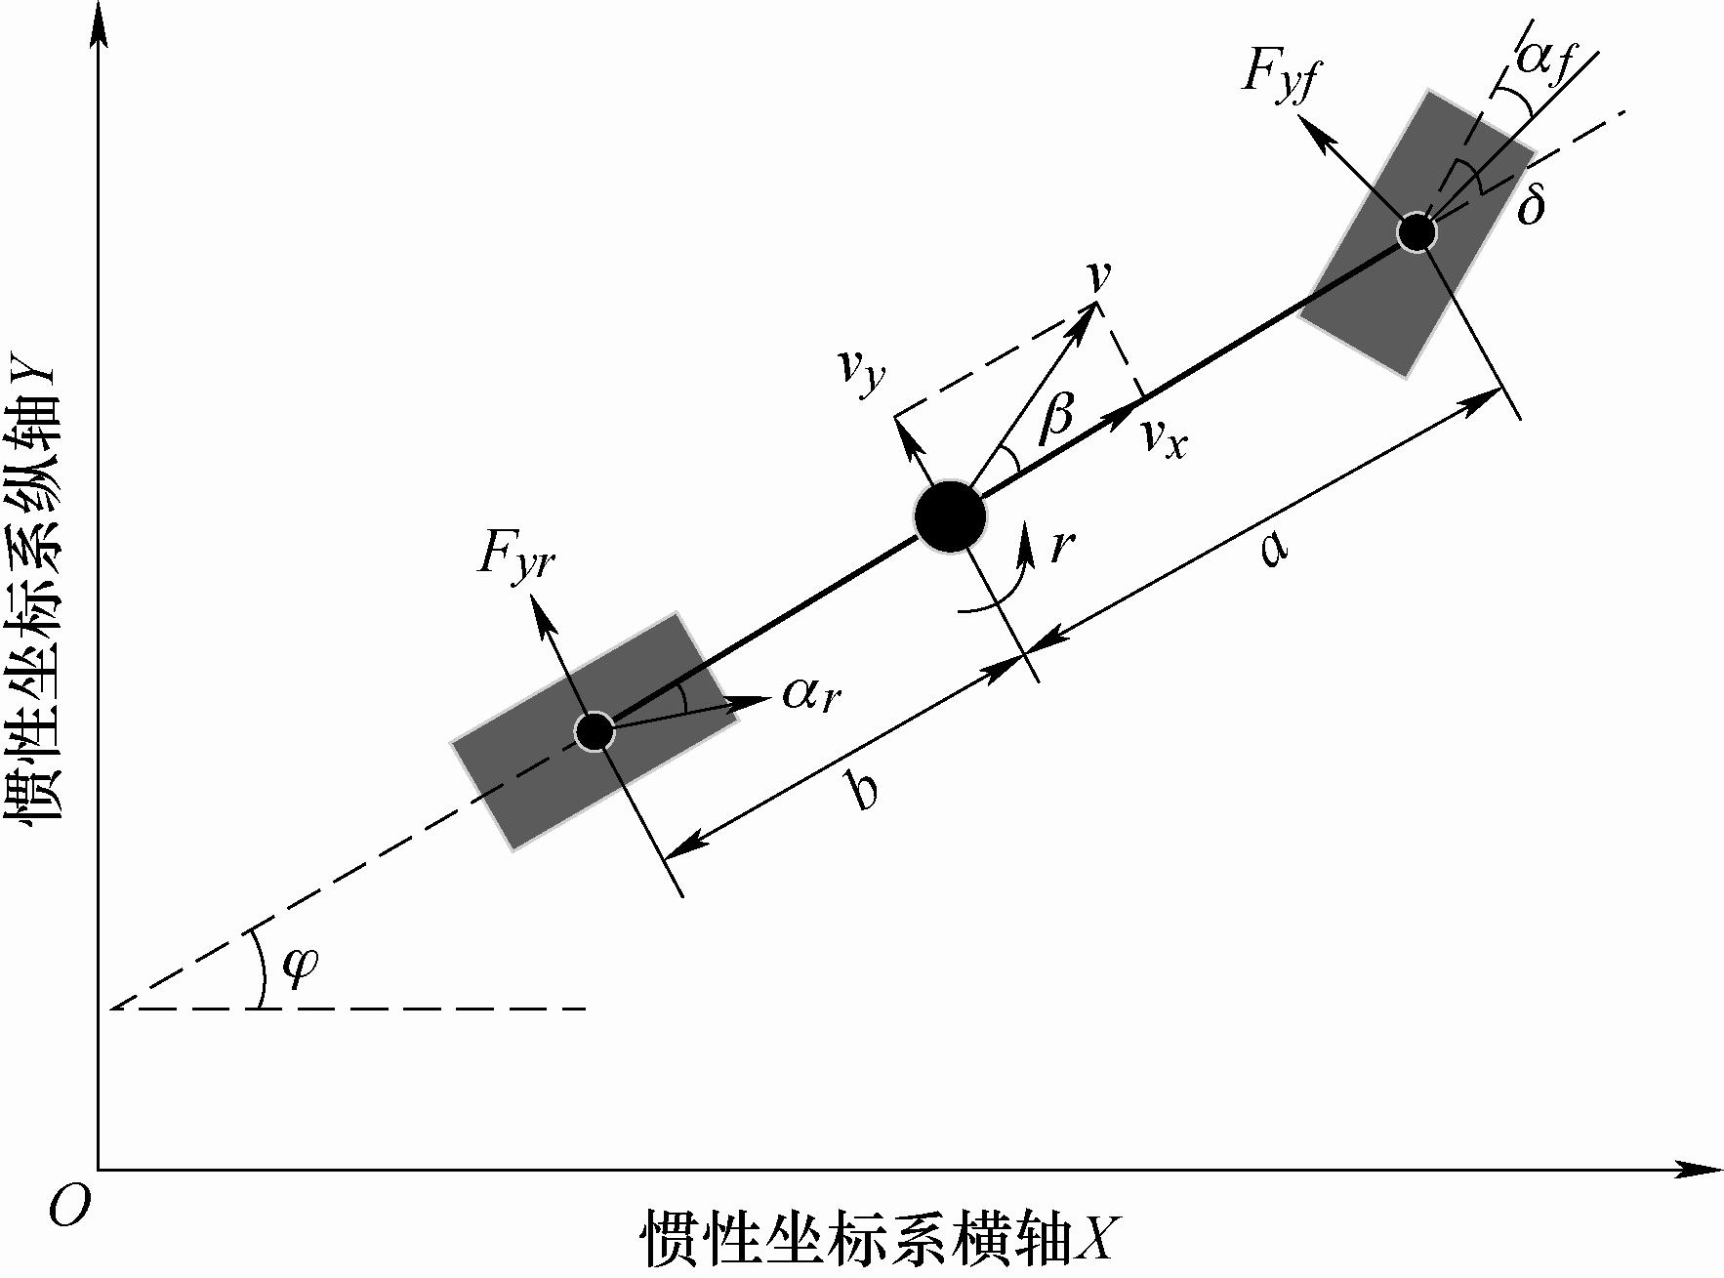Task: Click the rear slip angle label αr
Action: [811, 694]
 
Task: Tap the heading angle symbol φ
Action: [299, 968]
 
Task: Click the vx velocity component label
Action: [1165, 441]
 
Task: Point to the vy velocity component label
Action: [861, 370]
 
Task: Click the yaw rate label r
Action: [1061, 547]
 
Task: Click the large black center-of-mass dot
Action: [950, 516]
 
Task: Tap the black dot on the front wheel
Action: [1416, 232]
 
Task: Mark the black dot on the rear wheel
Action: [594, 730]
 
